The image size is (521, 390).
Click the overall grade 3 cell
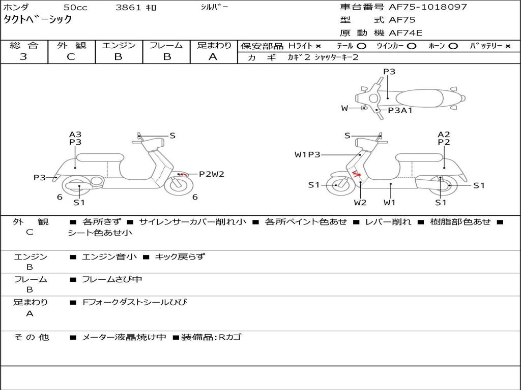click(23, 57)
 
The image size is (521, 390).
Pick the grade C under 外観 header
click(71, 57)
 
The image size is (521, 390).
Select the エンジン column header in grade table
click(119, 46)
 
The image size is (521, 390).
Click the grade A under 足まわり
click(213, 57)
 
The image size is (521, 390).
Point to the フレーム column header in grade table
click(166, 46)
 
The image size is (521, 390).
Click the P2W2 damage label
click(211, 174)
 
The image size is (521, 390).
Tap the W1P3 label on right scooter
click(307, 154)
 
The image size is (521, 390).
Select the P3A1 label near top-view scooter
click(400, 110)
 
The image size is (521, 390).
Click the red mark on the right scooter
click(356, 174)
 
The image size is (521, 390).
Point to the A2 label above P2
click(444, 135)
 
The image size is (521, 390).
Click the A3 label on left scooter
click(75, 135)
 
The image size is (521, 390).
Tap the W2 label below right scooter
click(360, 203)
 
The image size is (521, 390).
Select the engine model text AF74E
click(406, 34)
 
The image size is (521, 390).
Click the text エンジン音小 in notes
click(109, 257)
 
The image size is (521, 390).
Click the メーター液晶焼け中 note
click(124, 337)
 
